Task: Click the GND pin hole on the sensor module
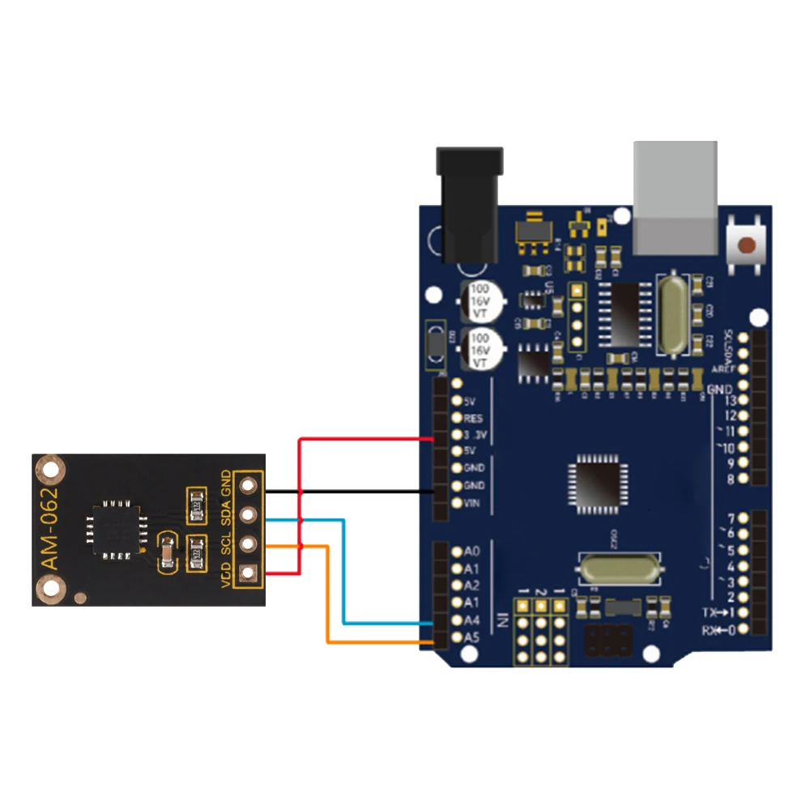click(248, 485)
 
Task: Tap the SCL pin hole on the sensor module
click(248, 544)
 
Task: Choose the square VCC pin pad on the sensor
click(248, 573)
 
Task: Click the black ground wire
click(348, 492)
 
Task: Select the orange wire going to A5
click(327, 599)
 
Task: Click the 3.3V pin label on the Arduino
click(474, 435)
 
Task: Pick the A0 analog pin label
click(472, 552)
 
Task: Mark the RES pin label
click(474, 418)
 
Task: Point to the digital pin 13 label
click(729, 401)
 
